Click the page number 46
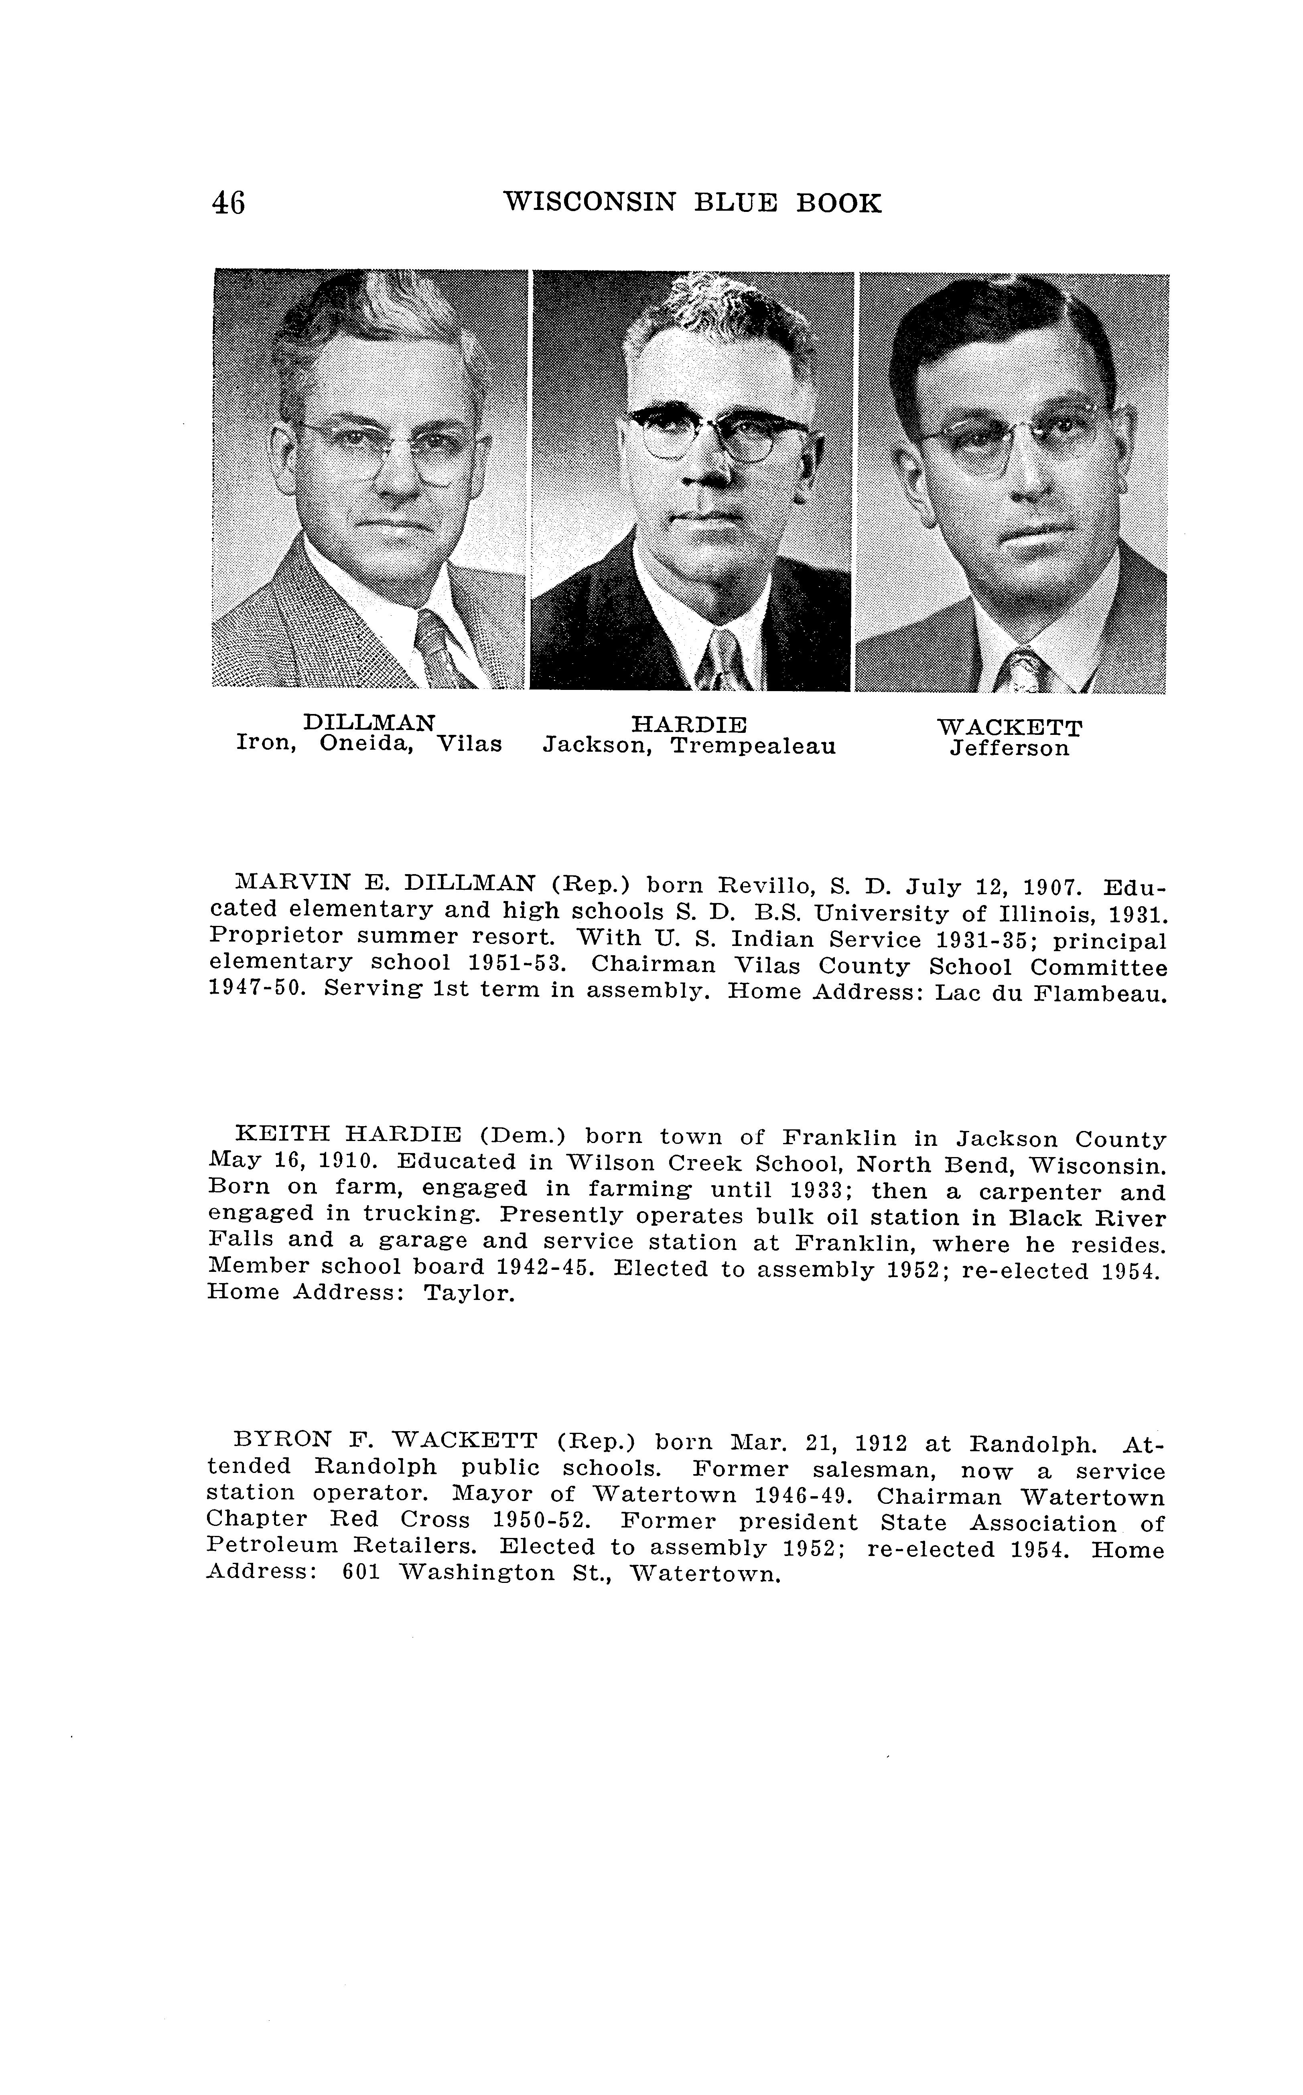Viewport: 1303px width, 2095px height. pos(228,203)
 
